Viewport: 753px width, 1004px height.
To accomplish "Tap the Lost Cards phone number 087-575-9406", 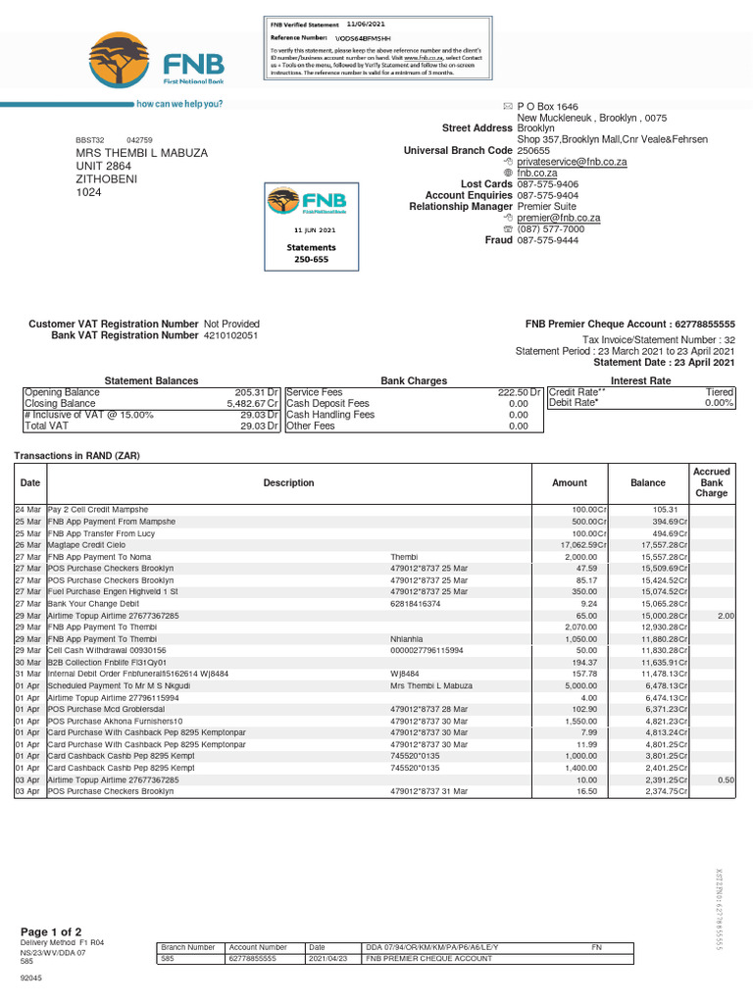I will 547,184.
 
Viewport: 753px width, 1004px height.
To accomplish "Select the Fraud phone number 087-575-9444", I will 547,240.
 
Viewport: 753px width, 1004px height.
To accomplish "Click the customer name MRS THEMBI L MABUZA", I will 142,153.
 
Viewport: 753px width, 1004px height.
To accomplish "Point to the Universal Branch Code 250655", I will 533,151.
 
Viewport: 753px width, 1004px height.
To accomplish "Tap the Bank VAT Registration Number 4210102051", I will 231,335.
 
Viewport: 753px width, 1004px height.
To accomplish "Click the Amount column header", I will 570,482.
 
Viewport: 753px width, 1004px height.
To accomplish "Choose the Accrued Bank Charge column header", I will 711,482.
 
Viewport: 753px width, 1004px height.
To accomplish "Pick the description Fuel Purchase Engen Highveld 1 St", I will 113,591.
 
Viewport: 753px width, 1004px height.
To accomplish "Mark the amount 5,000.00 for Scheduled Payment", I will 577,685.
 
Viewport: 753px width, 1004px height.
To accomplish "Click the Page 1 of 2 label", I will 51,931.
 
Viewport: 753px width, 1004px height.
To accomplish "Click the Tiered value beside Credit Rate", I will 720,391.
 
